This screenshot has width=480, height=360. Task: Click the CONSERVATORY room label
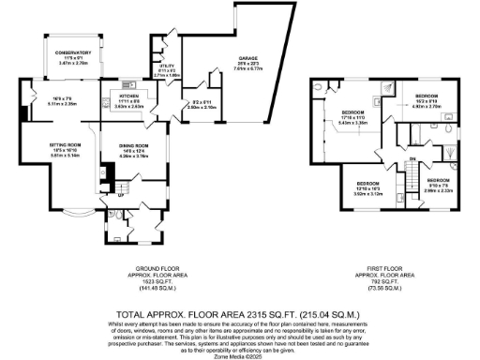tap(71, 52)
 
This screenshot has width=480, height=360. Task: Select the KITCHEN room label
tap(129, 97)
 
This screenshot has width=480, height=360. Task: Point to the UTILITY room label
tap(165, 66)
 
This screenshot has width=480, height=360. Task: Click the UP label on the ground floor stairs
tap(120, 197)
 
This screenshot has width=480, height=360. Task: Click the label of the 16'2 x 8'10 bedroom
tap(427, 96)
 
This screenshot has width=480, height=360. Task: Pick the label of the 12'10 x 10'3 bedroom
tap(367, 183)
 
